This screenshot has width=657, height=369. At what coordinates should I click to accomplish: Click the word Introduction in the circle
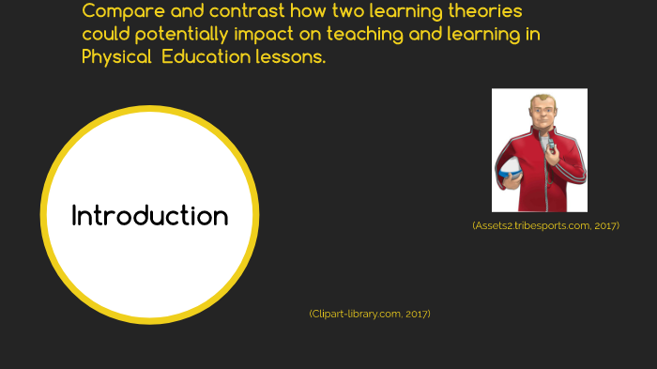150,216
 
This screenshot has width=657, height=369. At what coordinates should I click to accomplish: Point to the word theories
481,11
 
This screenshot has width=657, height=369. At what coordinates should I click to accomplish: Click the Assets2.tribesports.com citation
545,225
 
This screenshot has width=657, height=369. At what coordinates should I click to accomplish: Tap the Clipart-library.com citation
370,314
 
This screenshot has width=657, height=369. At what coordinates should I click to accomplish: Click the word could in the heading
106,35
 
